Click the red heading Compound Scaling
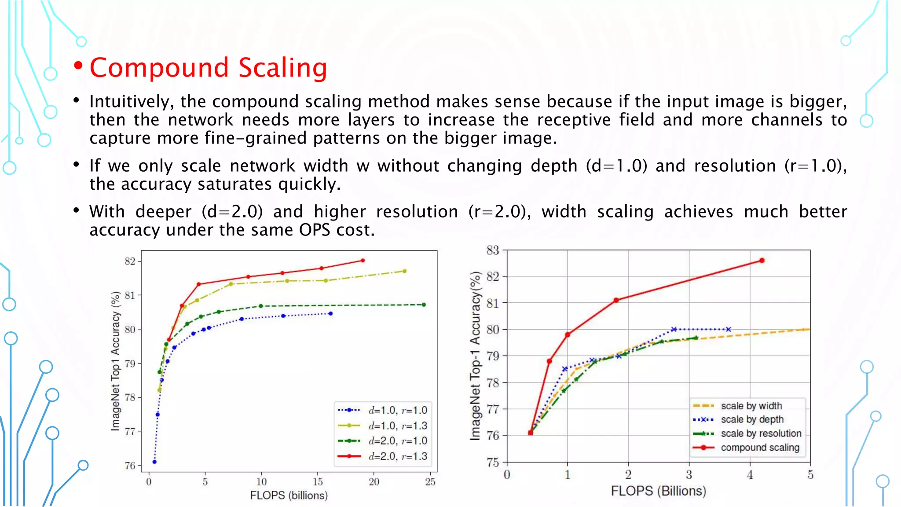pos(208,68)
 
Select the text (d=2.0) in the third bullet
pos(232,212)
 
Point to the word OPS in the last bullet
pos(315,230)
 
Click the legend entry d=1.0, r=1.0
pos(398,411)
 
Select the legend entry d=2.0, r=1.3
pos(398,456)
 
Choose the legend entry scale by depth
pos(752,420)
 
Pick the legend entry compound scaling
pos(760,448)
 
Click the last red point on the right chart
pos(762,261)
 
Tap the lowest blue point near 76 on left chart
pos(154,462)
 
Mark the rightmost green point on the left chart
pos(424,305)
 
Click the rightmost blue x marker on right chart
pos(729,329)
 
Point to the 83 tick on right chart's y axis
pos(493,250)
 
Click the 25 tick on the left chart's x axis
pos(430,482)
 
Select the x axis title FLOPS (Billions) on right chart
pos(658,491)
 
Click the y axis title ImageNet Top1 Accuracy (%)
pos(115,361)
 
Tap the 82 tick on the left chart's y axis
pos(130,261)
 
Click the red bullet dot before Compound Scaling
pos(79,66)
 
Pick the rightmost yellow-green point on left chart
pos(404,271)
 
